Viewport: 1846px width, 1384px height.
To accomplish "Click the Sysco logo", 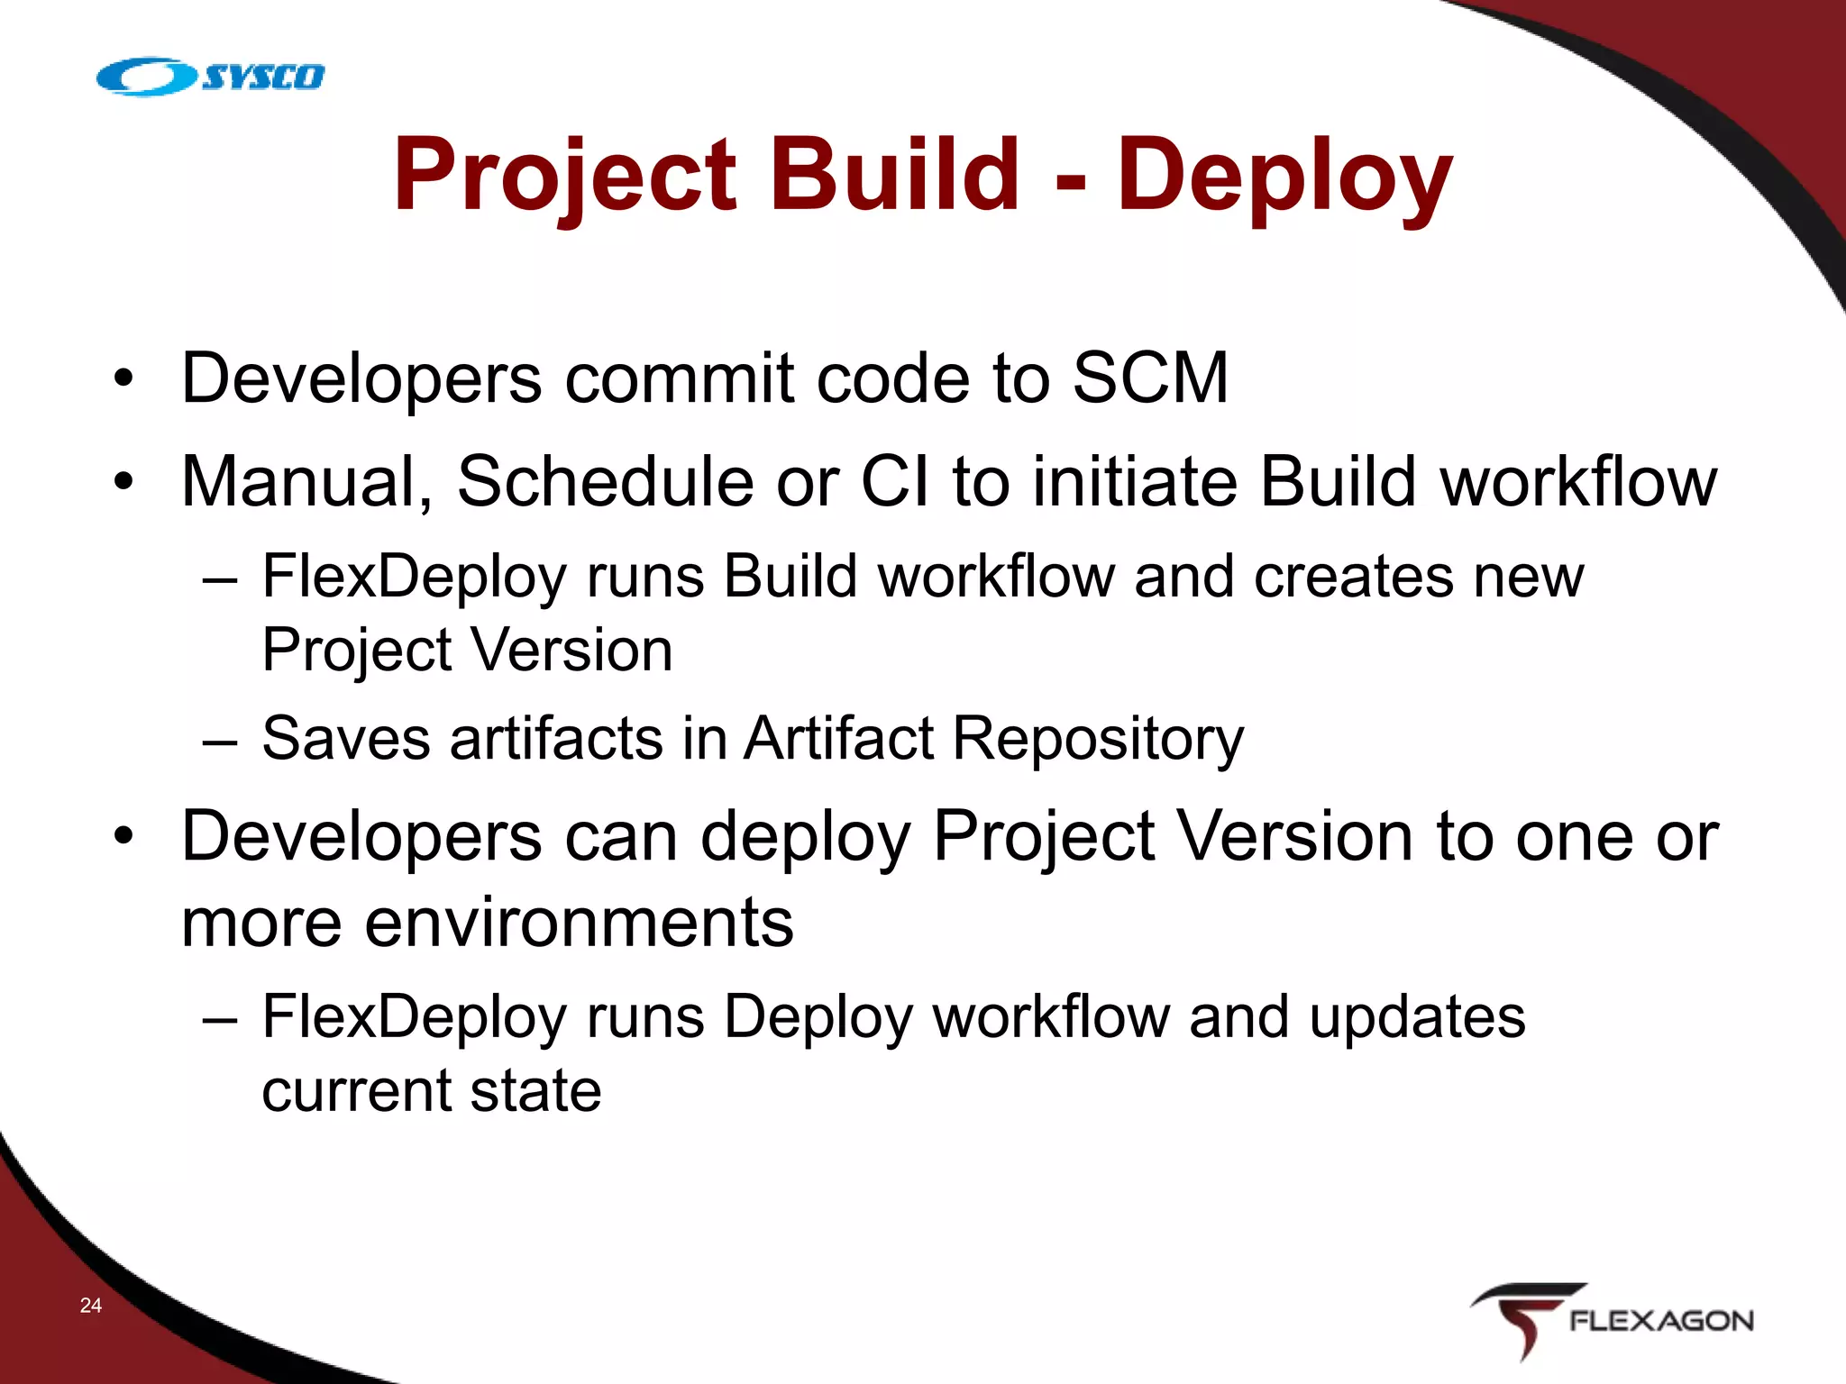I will click(210, 77).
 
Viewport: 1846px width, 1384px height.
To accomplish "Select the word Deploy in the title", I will click(1284, 176).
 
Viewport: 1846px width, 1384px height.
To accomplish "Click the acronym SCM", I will click(1150, 378).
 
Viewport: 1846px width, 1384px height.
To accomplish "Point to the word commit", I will click(679, 378).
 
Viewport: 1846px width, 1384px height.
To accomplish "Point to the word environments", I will click(579, 923).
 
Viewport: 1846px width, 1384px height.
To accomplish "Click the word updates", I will click(1417, 1017).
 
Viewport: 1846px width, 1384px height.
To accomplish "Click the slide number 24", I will click(91, 1305).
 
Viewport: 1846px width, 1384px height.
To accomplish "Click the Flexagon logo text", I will click(1660, 1322).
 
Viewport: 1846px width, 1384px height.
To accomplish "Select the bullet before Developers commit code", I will click(123, 379).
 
